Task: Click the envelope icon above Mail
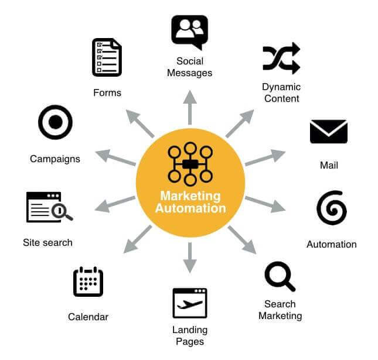coord(328,132)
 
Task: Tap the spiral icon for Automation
coord(331,208)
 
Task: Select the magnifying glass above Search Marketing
coord(280,277)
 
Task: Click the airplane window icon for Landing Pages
coord(189,303)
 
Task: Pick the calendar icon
coord(88,282)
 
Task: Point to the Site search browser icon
coord(49,207)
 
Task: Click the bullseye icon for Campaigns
coord(55,122)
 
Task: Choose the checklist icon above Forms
coord(107,57)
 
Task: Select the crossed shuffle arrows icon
coord(281,58)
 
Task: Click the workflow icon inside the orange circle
coord(189,164)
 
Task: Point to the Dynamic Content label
coord(281,92)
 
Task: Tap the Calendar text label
coord(88,317)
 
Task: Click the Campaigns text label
coord(55,159)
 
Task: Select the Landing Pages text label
coord(189,335)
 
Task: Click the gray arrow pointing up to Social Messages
coord(189,107)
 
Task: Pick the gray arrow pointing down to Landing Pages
coord(189,258)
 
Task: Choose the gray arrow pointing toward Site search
coord(115,204)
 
